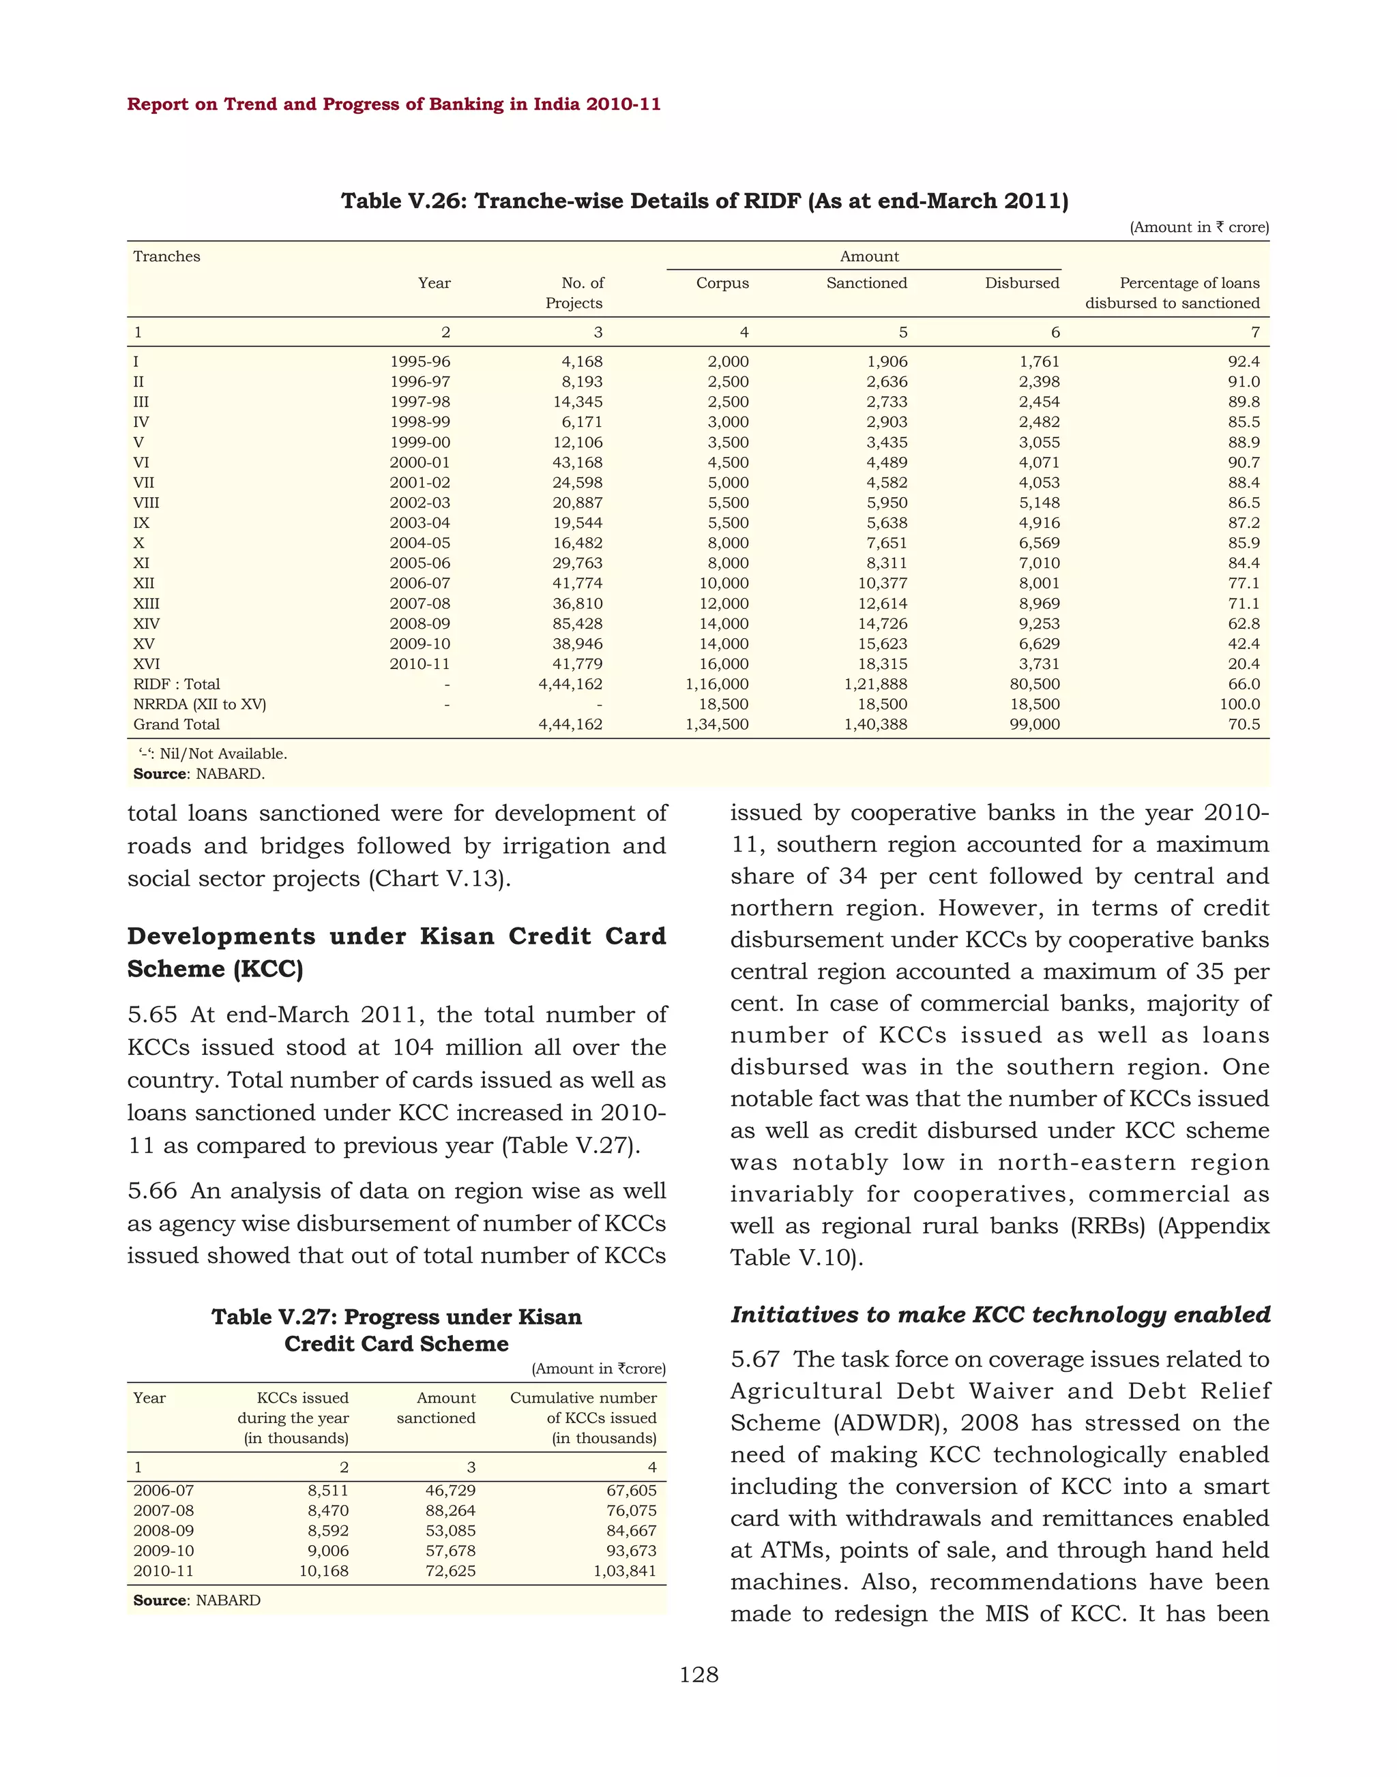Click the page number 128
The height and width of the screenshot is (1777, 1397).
[698, 1675]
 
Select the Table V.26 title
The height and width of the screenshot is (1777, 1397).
[704, 201]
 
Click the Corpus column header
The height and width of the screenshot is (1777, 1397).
[722, 283]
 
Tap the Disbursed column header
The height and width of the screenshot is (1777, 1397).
[1022, 283]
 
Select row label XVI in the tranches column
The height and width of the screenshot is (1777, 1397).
[147, 664]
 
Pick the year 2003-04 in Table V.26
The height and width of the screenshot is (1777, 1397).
[419, 522]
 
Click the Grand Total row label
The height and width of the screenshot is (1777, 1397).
[177, 725]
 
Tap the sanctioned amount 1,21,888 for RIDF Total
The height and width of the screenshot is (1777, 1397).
[875, 685]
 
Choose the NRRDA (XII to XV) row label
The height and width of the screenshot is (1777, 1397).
[200, 704]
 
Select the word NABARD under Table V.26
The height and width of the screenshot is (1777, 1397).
[231, 774]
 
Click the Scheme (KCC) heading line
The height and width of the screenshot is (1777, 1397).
[215, 969]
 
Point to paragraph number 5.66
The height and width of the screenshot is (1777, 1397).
[152, 1191]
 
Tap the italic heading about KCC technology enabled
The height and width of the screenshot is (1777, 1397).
[999, 1314]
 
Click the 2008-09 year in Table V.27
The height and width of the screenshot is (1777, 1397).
[164, 1531]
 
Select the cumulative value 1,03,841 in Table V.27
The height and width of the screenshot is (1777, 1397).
[624, 1571]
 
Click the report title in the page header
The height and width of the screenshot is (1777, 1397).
[394, 105]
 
